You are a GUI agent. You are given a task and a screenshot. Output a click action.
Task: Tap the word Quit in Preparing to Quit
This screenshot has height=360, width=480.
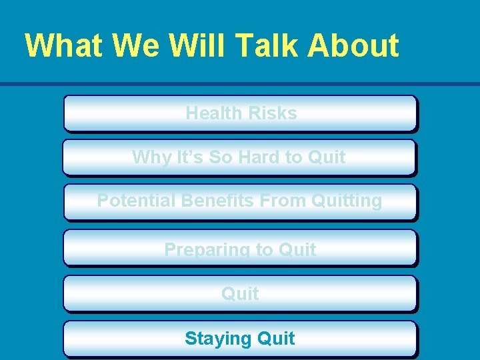tap(297, 250)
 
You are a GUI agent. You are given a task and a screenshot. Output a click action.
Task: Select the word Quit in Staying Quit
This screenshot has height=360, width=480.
tap(275, 339)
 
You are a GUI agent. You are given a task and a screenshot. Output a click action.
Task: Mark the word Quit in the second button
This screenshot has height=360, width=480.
tap(326, 157)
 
